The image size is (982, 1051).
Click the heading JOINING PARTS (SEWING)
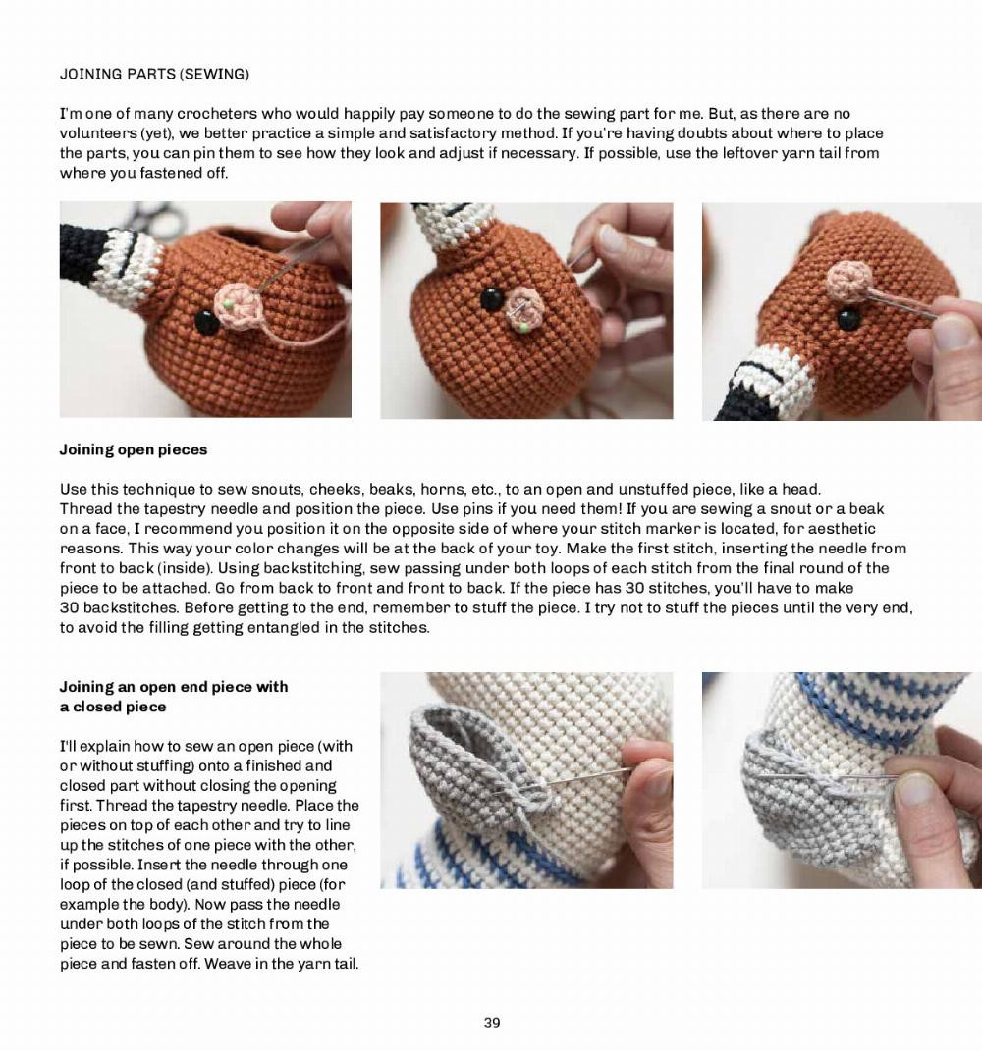tap(154, 74)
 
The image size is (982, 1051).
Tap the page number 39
tap(492, 1023)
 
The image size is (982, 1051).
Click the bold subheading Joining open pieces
tap(134, 449)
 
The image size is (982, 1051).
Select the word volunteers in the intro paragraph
tap(97, 132)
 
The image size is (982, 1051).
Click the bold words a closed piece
tap(113, 707)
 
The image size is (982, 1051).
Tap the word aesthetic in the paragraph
tap(843, 529)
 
